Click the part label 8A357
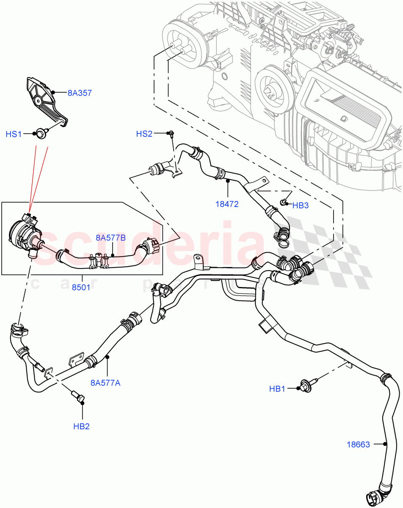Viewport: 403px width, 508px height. click(80, 92)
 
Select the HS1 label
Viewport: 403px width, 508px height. click(14, 134)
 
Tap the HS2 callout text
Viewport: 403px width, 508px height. click(144, 134)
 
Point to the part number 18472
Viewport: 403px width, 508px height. click(226, 204)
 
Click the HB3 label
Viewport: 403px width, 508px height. click(301, 205)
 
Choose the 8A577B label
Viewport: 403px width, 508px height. click(110, 238)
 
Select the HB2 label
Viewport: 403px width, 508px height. click(81, 426)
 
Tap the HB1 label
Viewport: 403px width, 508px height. click(277, 389)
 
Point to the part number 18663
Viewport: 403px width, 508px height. click(358, 444)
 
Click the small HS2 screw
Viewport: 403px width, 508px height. click(171, 134)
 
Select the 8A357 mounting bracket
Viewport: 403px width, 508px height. click(44, 102)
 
